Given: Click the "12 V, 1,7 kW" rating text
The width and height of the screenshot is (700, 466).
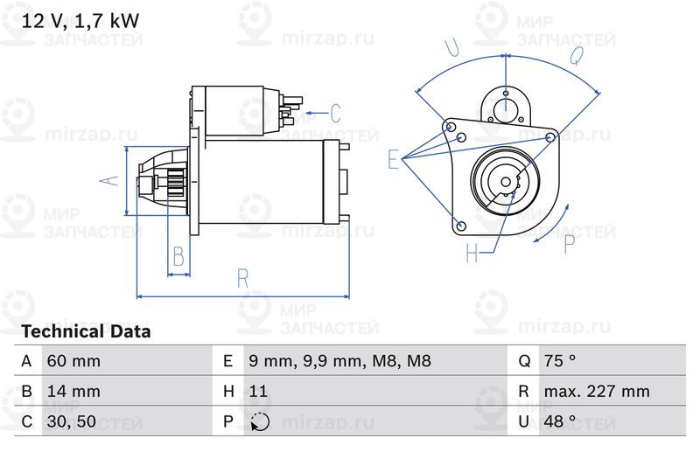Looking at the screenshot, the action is (80, 21).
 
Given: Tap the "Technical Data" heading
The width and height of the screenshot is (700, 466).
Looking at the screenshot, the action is (86, 331).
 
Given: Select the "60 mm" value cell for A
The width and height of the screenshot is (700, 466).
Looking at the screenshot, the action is (73, 361).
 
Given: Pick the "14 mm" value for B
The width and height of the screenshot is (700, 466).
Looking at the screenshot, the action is (73, 391).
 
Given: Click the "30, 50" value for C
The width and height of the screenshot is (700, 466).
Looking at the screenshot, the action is (72, 421).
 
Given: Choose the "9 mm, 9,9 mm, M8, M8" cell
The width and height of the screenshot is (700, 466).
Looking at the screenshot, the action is (339, 361).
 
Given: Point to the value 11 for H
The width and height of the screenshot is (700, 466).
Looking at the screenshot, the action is (258, 391).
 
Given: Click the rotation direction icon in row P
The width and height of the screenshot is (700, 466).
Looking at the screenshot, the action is (260, 422).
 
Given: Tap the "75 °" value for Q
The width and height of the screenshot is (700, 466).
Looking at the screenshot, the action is (560, 361).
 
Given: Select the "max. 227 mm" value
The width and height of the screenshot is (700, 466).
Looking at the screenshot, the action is (597, 391).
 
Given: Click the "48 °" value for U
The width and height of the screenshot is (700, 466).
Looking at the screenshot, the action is (560, 421).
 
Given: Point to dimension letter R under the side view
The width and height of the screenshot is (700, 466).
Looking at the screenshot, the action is (243, 279).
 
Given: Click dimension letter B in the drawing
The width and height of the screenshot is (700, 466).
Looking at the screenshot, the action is (178, 256).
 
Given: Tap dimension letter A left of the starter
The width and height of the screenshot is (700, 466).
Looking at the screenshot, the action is (108, 181).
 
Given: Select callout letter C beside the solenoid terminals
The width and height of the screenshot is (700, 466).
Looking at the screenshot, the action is (336, 114).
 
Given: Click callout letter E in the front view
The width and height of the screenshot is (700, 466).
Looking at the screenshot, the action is (393, 159).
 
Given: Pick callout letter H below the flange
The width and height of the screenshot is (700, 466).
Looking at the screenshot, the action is (472, 253).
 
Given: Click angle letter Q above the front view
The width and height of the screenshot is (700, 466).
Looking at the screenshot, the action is (577, 55).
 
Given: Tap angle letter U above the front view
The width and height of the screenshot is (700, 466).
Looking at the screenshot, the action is (451, 47).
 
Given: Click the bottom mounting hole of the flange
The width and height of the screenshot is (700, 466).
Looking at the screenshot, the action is (462, 226).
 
